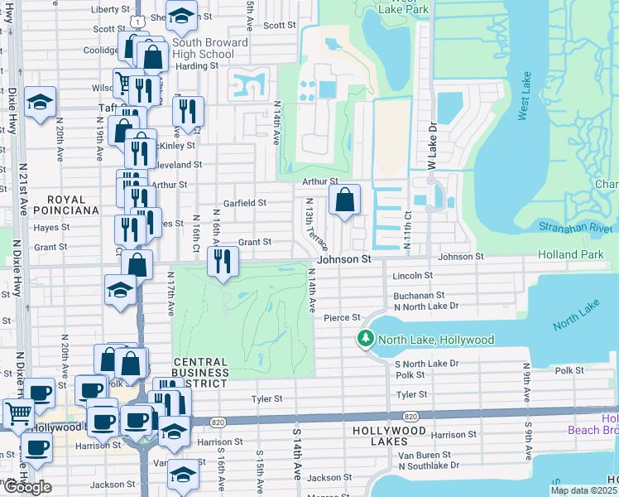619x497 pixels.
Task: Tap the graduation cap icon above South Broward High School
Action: click(180, 16)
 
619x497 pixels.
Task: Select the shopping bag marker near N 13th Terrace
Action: click(344, 199)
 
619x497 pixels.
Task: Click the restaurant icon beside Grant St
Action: click(223, 262)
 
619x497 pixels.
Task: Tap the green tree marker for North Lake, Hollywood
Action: click(365, 339)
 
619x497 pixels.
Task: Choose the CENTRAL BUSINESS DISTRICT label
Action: click(199, 373)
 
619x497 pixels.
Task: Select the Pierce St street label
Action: click(342, 317)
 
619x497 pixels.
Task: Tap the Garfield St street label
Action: click(244, 202)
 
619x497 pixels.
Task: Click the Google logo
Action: click(27, 487)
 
